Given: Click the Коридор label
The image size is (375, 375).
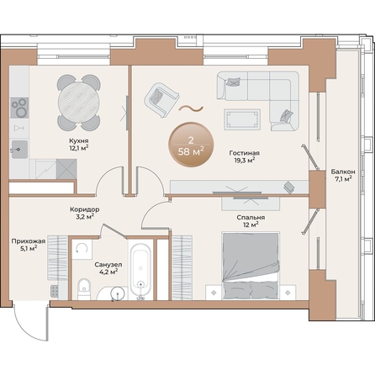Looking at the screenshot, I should pyautogui.click(x=86, y=209).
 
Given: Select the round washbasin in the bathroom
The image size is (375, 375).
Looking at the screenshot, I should pyautogui.click(x=115, y=293).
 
